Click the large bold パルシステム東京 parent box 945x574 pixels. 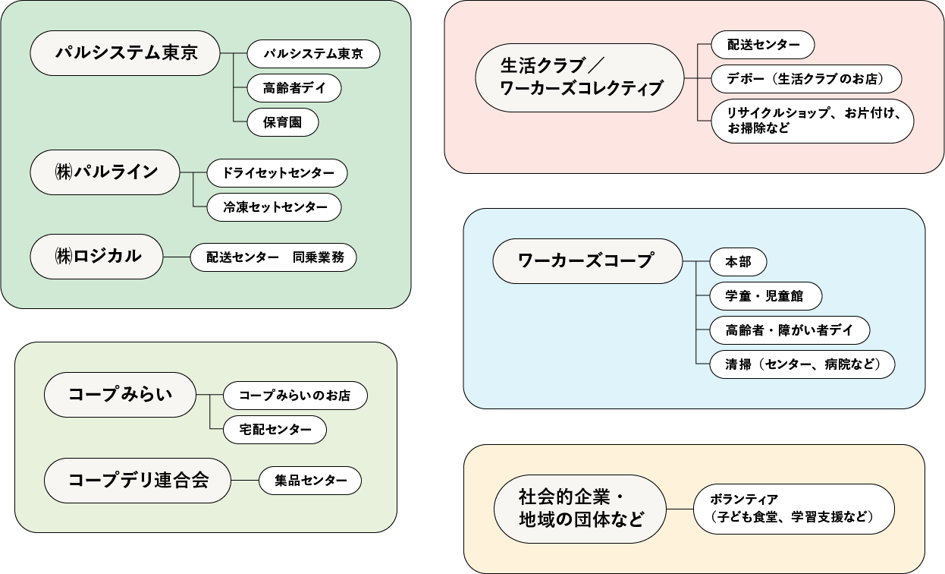pyautogui.click(x=125, y=53)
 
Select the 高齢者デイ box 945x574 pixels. pyautogui.click(x=294, y=88)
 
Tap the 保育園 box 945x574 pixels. pyautogui.click(x=282, y=122)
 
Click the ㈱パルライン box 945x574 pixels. pyautogui.click(x=105, y=172)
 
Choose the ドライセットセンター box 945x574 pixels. pyautogui.click(x=278, y=173)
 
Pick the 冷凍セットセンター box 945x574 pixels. pyautogui.click(x=275, y=207)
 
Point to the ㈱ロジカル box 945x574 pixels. pyautogui.click(x=97, y=257)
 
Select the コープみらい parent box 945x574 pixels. pyautogui.click(x=121, y=395)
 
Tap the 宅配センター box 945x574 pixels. pyautogui.click(x=275, y=430)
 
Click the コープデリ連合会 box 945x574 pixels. pyautogui.click(x=137, y=481)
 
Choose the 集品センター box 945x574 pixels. pyautogui.click(x=310, y=481)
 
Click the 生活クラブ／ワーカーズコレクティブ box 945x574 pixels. pyautogui.click(x=579, y=77)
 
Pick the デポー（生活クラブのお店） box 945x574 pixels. pyautogui.click(x=807, y=78)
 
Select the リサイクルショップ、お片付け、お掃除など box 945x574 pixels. pyautogui.click(x=812, y=121)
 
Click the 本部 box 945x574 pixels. pyautogui.click(x=738, y=262)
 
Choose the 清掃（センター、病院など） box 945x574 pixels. pyautogui.click(x=802, y=364)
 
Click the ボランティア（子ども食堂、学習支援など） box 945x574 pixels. pyautogui.click(x=794, y=509)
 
